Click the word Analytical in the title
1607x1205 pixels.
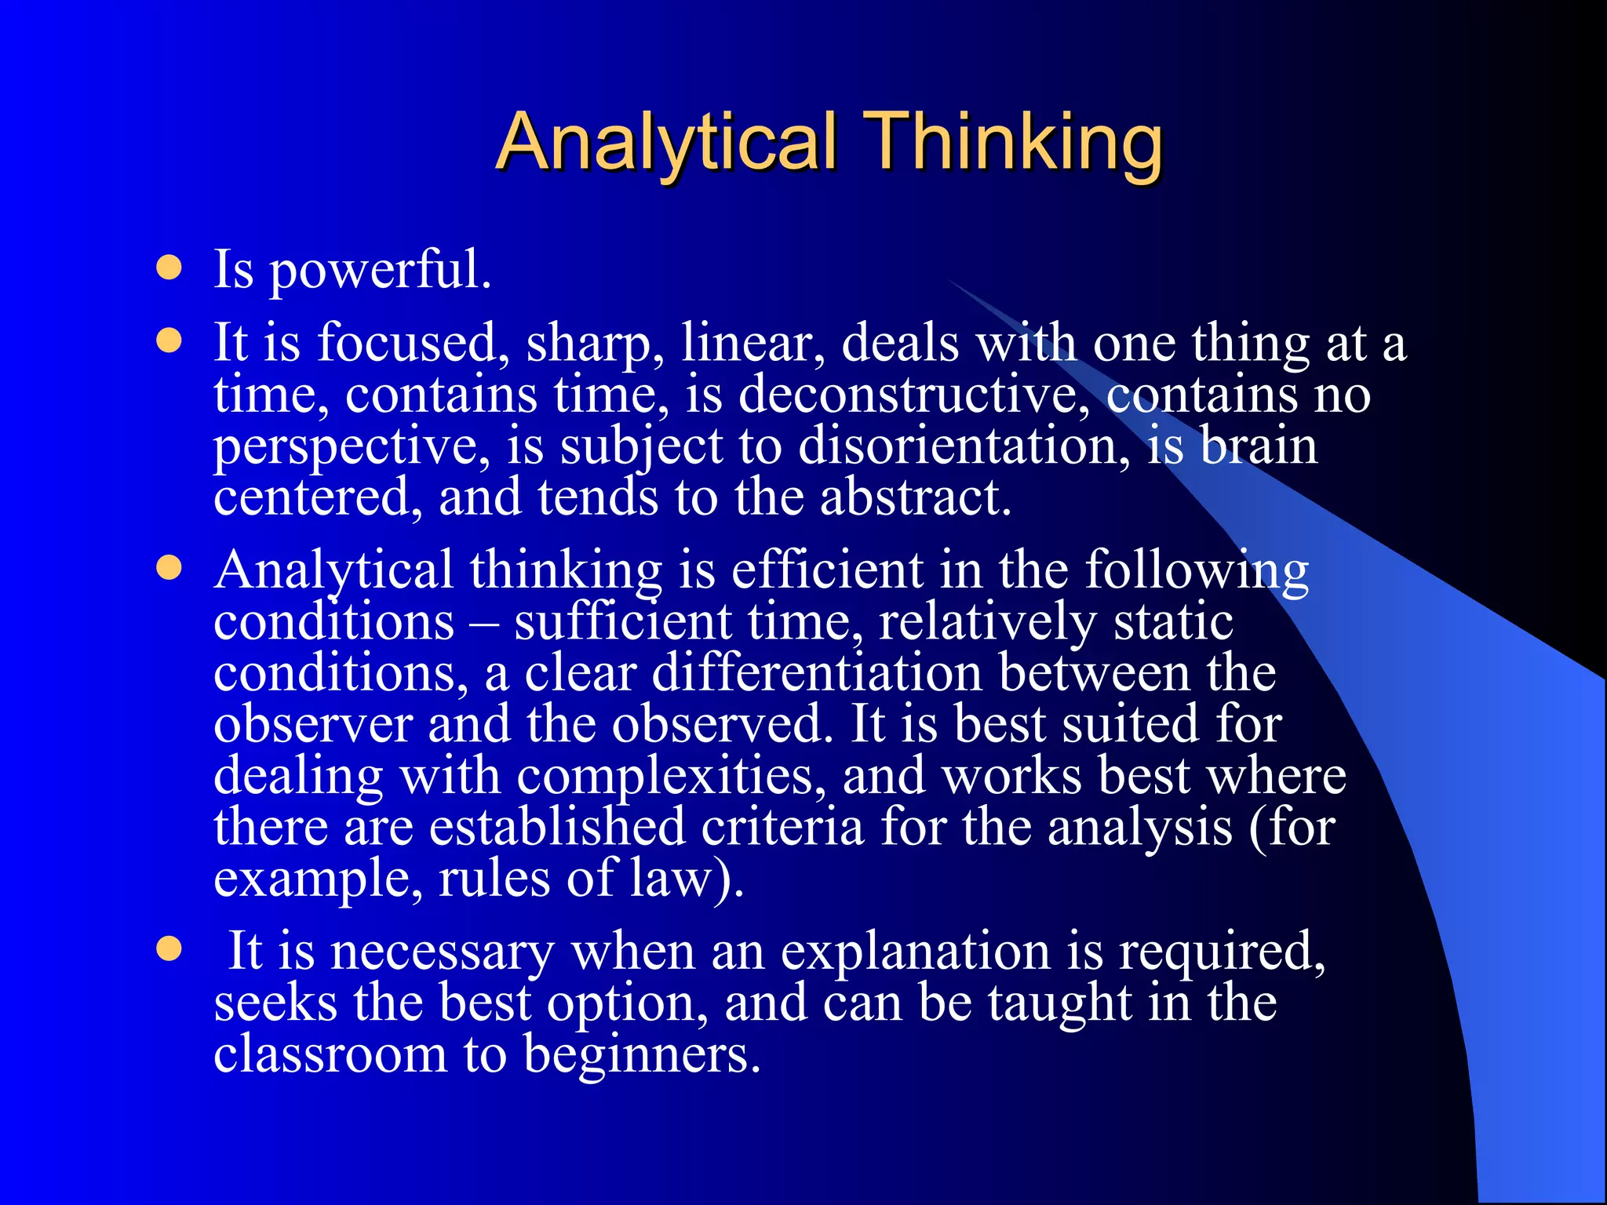click(x=667, y=143)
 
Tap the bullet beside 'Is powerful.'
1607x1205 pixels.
click(x=169, y=268)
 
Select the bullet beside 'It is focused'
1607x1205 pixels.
click(x=169, y=342)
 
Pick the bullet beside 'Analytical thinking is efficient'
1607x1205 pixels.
click(x=169, y=568)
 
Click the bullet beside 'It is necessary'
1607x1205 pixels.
click(x=169, y=950)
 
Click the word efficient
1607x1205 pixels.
click(x=827, y=570)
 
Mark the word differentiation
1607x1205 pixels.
click(x=816, y=673)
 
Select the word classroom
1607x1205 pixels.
click(x=330, y=1054)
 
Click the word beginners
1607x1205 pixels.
click(x=642, y=1056)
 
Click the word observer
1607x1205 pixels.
click(x=312, y=724)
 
